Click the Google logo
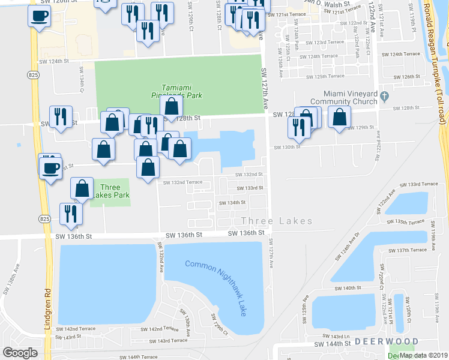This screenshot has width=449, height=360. click(x=20, y=352)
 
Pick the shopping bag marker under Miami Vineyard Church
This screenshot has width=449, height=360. click(x=339, y=118)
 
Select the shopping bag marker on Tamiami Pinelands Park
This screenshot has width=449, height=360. click(x=172, y=107)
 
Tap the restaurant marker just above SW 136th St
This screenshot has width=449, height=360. click(x=71, y=214)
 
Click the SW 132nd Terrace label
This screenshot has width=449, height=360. click(x=182, y=182)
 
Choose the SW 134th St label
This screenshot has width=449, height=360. click(x=232, y=203)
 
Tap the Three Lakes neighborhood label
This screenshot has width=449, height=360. click(x=277, y=221)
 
